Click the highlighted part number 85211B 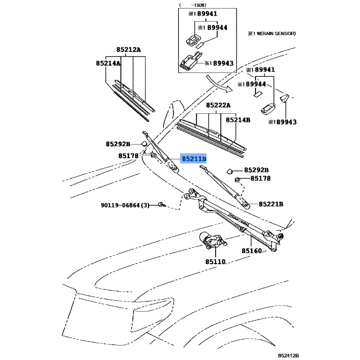tap(194, 159)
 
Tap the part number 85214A tap(108, 64)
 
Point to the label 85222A tap(218, 105)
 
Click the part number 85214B tap(238, 120)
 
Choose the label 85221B tap(271, 204)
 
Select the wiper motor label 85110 tap(215, 261)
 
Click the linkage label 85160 tap(252, 251)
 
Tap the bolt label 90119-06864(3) tap(125, 205)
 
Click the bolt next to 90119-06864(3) tap(161, 205)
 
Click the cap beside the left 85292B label tap(142, 144)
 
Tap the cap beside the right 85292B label tap(228, 171)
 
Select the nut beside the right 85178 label tap(237, 180)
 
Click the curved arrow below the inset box tap(221, 83)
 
